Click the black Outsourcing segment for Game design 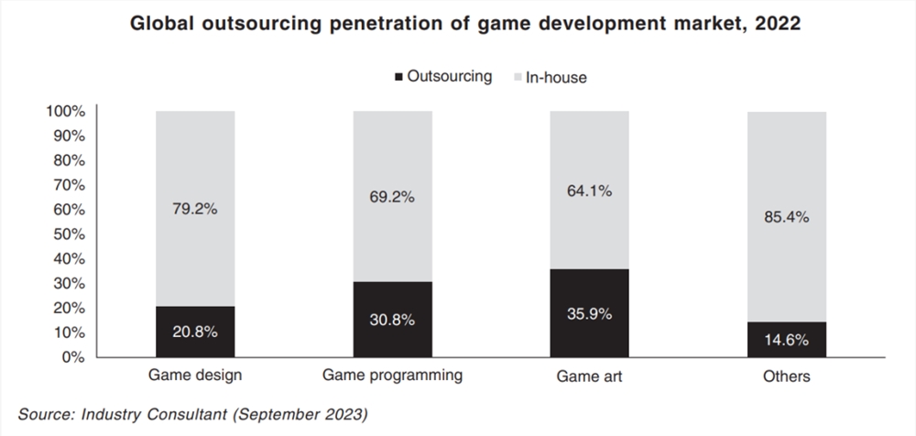coord(195,332)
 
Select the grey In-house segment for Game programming coord(393,196)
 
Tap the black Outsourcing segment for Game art coord(589,313)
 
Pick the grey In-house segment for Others coord(787,216)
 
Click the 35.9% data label coord(589,314)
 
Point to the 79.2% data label coord(194,209)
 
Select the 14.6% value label coord(787,340)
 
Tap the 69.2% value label coord(392,197)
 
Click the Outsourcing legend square coord(399,77)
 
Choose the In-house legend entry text coord(556,77)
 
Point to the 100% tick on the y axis coord(65,111)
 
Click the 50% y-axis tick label coord(70,234)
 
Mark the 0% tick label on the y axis coord(73,357)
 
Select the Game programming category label coord(393,376)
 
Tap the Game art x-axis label coord(589,376)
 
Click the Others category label coord(787,376)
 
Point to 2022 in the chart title coord(778,23)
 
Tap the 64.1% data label coord(589,191)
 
